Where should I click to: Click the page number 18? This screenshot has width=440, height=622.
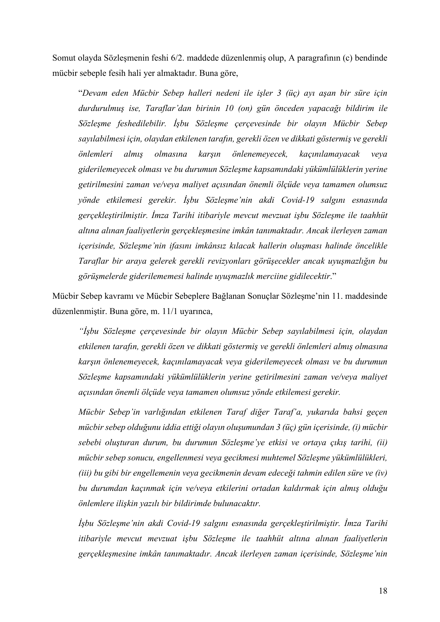tap(383, 591)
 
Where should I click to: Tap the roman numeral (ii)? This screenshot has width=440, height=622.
tap(381, 443)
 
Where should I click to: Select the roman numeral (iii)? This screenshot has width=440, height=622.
tap(85, 473)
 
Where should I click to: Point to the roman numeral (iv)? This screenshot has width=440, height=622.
tap(381, 473)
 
